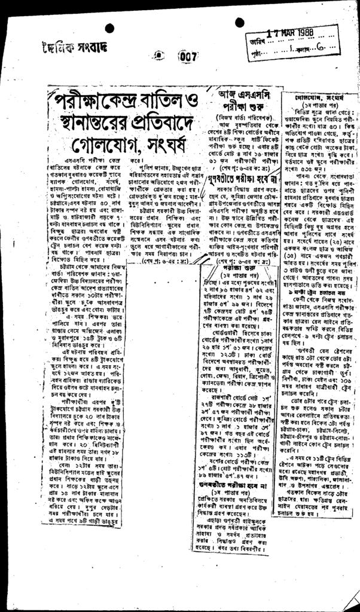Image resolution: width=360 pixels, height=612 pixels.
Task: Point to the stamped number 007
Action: click(x=187, y=57)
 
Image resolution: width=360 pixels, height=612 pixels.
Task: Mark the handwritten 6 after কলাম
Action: click(x=319, y=50)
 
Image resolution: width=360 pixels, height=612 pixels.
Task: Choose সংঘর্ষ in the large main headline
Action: click(x=163, y=145)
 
